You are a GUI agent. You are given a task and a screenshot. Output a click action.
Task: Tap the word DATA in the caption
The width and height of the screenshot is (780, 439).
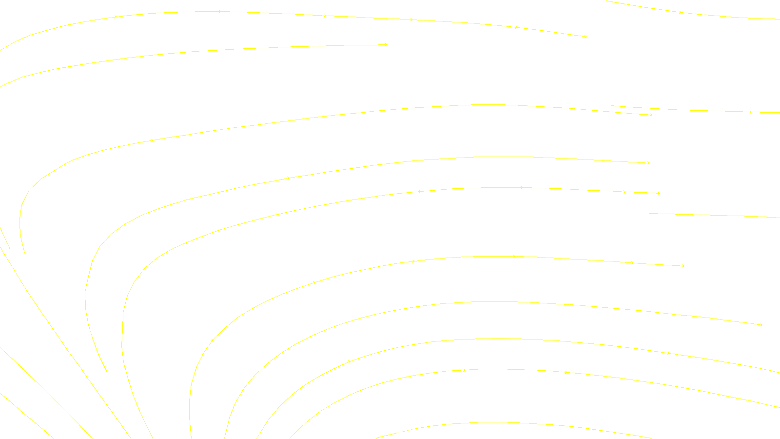coord(412,431)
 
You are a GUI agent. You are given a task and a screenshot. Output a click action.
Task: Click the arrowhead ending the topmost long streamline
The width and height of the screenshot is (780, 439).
coord(585,37)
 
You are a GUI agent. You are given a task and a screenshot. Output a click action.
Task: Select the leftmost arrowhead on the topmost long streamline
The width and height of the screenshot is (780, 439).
coord(116,17)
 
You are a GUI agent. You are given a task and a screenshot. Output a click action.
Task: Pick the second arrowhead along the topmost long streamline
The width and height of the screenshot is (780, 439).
coord(220,11)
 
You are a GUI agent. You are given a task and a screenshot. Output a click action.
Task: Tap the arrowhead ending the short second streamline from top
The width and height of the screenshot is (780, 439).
coord(386,45)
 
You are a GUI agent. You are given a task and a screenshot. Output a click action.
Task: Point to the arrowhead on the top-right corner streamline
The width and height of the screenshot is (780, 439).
coord(681,12)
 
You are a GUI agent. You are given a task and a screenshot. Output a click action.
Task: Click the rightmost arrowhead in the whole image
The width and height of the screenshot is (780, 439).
coord(761,325)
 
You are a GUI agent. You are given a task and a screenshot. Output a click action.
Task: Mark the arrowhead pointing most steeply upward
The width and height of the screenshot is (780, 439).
coord(213,340)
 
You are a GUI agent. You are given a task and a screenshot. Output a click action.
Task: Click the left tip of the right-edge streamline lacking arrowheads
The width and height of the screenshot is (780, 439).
coord(649,213)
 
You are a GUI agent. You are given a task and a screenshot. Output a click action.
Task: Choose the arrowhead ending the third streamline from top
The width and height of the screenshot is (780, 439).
coord(651,115)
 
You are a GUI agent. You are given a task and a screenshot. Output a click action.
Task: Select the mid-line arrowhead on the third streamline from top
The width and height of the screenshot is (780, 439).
coord(152,140)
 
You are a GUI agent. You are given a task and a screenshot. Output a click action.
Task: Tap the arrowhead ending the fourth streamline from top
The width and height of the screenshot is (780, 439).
coord(648,163)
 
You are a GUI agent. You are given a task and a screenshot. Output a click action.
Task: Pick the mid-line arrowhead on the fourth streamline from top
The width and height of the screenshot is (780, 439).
coord(289,178)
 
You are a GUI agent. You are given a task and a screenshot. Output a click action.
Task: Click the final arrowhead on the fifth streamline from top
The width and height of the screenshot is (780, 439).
coord(659,193)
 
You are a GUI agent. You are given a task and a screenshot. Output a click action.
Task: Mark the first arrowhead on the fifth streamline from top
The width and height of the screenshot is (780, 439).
coord(186,242)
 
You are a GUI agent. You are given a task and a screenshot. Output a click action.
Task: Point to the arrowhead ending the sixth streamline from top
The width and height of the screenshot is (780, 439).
coord(683,266)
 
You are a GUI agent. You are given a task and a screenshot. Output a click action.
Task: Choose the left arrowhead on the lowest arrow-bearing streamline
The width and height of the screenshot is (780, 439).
coord(464,370)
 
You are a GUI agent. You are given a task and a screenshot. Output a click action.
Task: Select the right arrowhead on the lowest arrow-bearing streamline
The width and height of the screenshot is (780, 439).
coord(566,373)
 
